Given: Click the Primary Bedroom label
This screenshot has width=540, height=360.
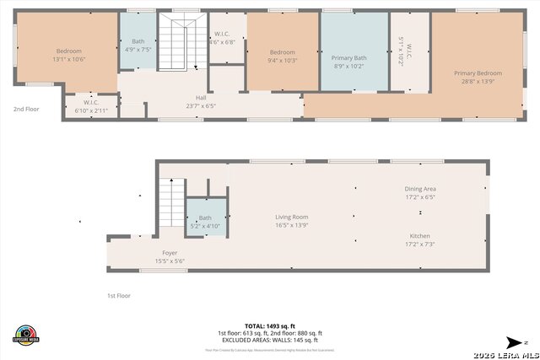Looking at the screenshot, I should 477,73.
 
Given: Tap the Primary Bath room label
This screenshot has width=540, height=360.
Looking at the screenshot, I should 348,58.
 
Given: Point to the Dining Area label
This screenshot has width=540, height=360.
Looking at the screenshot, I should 419,189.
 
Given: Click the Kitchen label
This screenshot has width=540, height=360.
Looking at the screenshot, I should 419,236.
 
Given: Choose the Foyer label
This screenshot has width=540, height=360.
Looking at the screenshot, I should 170,253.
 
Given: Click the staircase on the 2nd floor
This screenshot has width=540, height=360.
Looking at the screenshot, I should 183,44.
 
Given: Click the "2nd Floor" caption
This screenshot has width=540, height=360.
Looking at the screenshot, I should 26,109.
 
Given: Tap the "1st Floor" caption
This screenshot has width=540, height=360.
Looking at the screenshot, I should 119,296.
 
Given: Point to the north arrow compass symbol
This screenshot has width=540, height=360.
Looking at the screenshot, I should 515,341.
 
